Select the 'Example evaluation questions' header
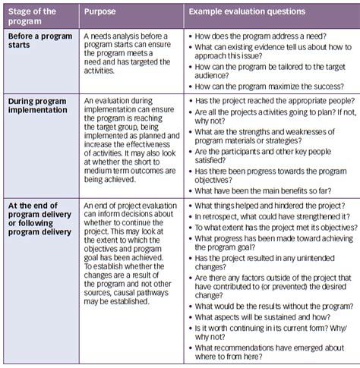click(x=247, y=12)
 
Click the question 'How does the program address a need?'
click(x=261, y=36)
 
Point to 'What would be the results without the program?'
click(x=269, y=304)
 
